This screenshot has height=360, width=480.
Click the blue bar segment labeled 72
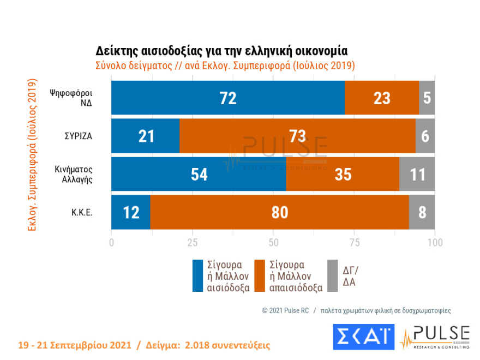coord(227,98)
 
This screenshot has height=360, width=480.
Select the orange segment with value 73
coord(297,136)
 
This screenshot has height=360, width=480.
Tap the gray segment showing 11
coord(417,175)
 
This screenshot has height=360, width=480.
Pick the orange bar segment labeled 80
coord(279,212)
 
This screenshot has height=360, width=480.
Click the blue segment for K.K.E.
coord(130,212)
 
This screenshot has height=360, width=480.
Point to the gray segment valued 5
coord(427,98)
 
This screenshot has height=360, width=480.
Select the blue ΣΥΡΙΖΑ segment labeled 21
coord(145,136)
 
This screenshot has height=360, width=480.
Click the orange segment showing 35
coord(343,175)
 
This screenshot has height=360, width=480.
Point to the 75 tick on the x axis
coord(354,241)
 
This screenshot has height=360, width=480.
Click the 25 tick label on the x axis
coord(193,241)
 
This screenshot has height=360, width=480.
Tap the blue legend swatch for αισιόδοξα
coord(198,275)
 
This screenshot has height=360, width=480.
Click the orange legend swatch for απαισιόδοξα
coord(260,275)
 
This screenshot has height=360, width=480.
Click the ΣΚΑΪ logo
coord(363,337)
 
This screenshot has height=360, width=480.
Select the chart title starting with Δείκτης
coord(221,51)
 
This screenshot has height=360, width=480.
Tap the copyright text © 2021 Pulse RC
coord(285,310)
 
